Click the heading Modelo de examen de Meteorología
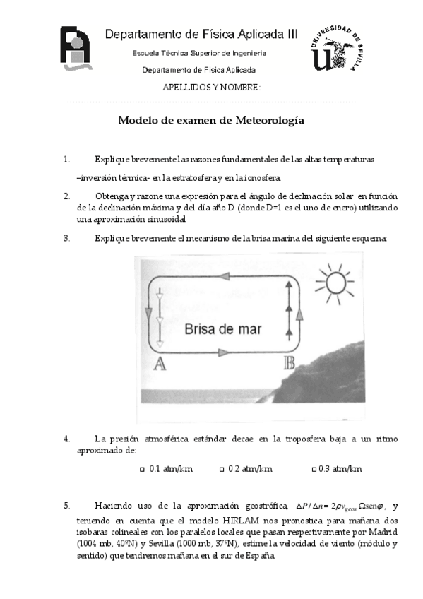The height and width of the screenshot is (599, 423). [x=210, y=121]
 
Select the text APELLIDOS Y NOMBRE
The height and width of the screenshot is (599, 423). [x=211, y=88]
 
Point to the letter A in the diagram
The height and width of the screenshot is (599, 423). [x=159, y=364]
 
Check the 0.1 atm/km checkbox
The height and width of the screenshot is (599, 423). [x=142, y=469]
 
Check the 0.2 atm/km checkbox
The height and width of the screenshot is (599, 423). [x=222, y=469]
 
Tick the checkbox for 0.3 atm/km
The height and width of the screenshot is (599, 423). [x=314, y=469]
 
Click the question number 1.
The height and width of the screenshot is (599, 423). [x=66, y=160]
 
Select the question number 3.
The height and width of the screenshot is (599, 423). [x=66, y=238]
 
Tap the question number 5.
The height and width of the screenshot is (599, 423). [x=66, y=506]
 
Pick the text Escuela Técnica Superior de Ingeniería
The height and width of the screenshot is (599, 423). [x=200, y=54]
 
